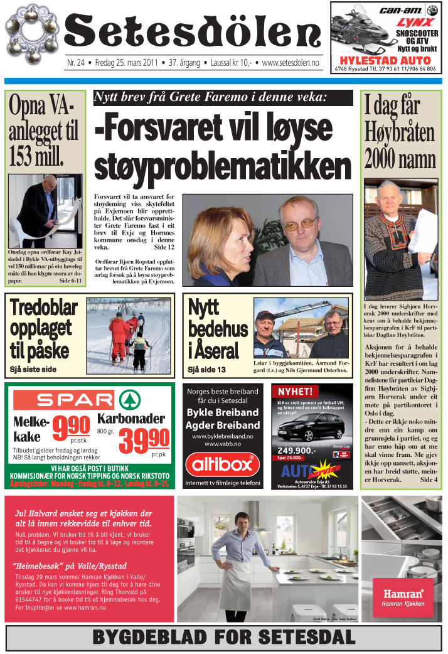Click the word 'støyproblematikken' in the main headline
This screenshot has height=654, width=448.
click(222, 166)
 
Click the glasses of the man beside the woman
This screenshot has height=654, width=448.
click(300, 223)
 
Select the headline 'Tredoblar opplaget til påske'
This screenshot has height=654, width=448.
click(43, 329)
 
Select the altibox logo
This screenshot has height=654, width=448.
click(223, 465)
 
